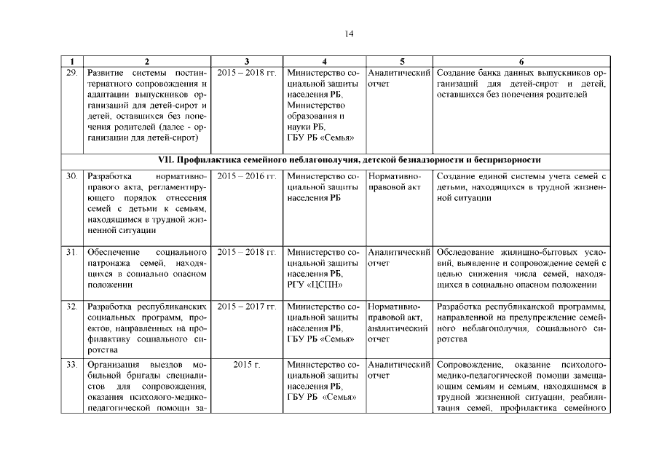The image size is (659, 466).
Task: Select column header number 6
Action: (521, 62)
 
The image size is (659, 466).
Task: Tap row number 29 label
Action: (72, 74)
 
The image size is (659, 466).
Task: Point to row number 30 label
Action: (72, 177)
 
